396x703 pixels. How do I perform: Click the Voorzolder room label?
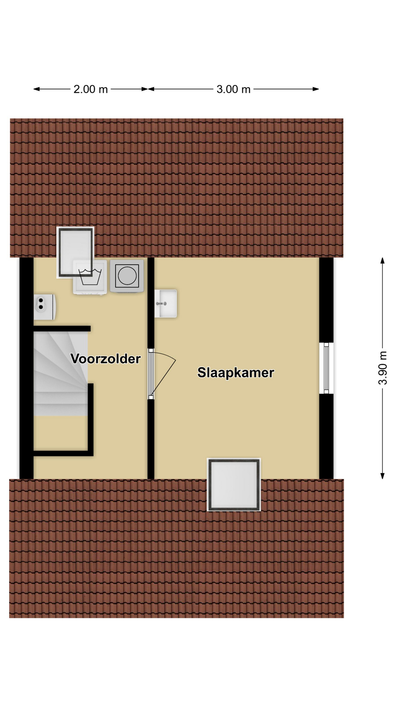click(x=106, y=359)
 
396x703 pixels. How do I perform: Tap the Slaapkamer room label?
click(x=236, y=373)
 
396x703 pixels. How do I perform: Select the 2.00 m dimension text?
click(x=91, y=89)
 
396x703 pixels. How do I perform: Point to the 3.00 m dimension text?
click(x=234, y=89)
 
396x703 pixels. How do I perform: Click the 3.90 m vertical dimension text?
click(x=382, y=368)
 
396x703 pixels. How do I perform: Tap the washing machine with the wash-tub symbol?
click(x=90, y=277)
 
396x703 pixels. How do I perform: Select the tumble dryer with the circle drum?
click(x=127, y=276)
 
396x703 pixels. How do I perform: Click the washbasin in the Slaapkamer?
click(x=166, y=304)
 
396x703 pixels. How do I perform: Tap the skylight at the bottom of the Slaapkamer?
click(x=234, y=484)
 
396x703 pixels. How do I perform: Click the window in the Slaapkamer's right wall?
click(x=326, y=368)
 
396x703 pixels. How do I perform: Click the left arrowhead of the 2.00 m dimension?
click(x=36, y=89)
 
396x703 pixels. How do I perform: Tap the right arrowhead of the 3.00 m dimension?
click(x=316, y=89)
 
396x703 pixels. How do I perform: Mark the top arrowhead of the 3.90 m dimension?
click(x=382, y=260)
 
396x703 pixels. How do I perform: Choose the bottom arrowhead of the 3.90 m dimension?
click(x=382, y=476)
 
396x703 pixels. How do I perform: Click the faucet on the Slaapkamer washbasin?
click(x=161, y=304)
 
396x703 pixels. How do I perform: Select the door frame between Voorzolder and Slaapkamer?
click(x=151, y=374)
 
